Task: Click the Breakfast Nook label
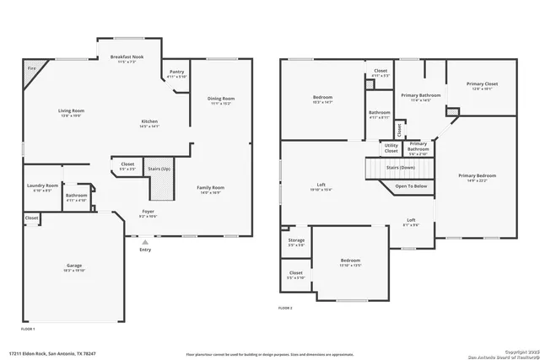(127, 57)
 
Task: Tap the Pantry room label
(177, 73)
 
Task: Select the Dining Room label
(221, 99)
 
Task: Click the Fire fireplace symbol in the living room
(32, 67)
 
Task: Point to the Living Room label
(70, 110)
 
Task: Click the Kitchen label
(148, 121)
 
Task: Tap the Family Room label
(211, 187)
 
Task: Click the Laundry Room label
(42, 185)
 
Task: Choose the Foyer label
(148, 212)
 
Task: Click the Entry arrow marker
(144, 242)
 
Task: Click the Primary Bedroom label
(477, 175)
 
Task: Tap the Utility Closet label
(391, 147)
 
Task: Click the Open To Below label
(411, 186)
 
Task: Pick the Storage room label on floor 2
(295, 240)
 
